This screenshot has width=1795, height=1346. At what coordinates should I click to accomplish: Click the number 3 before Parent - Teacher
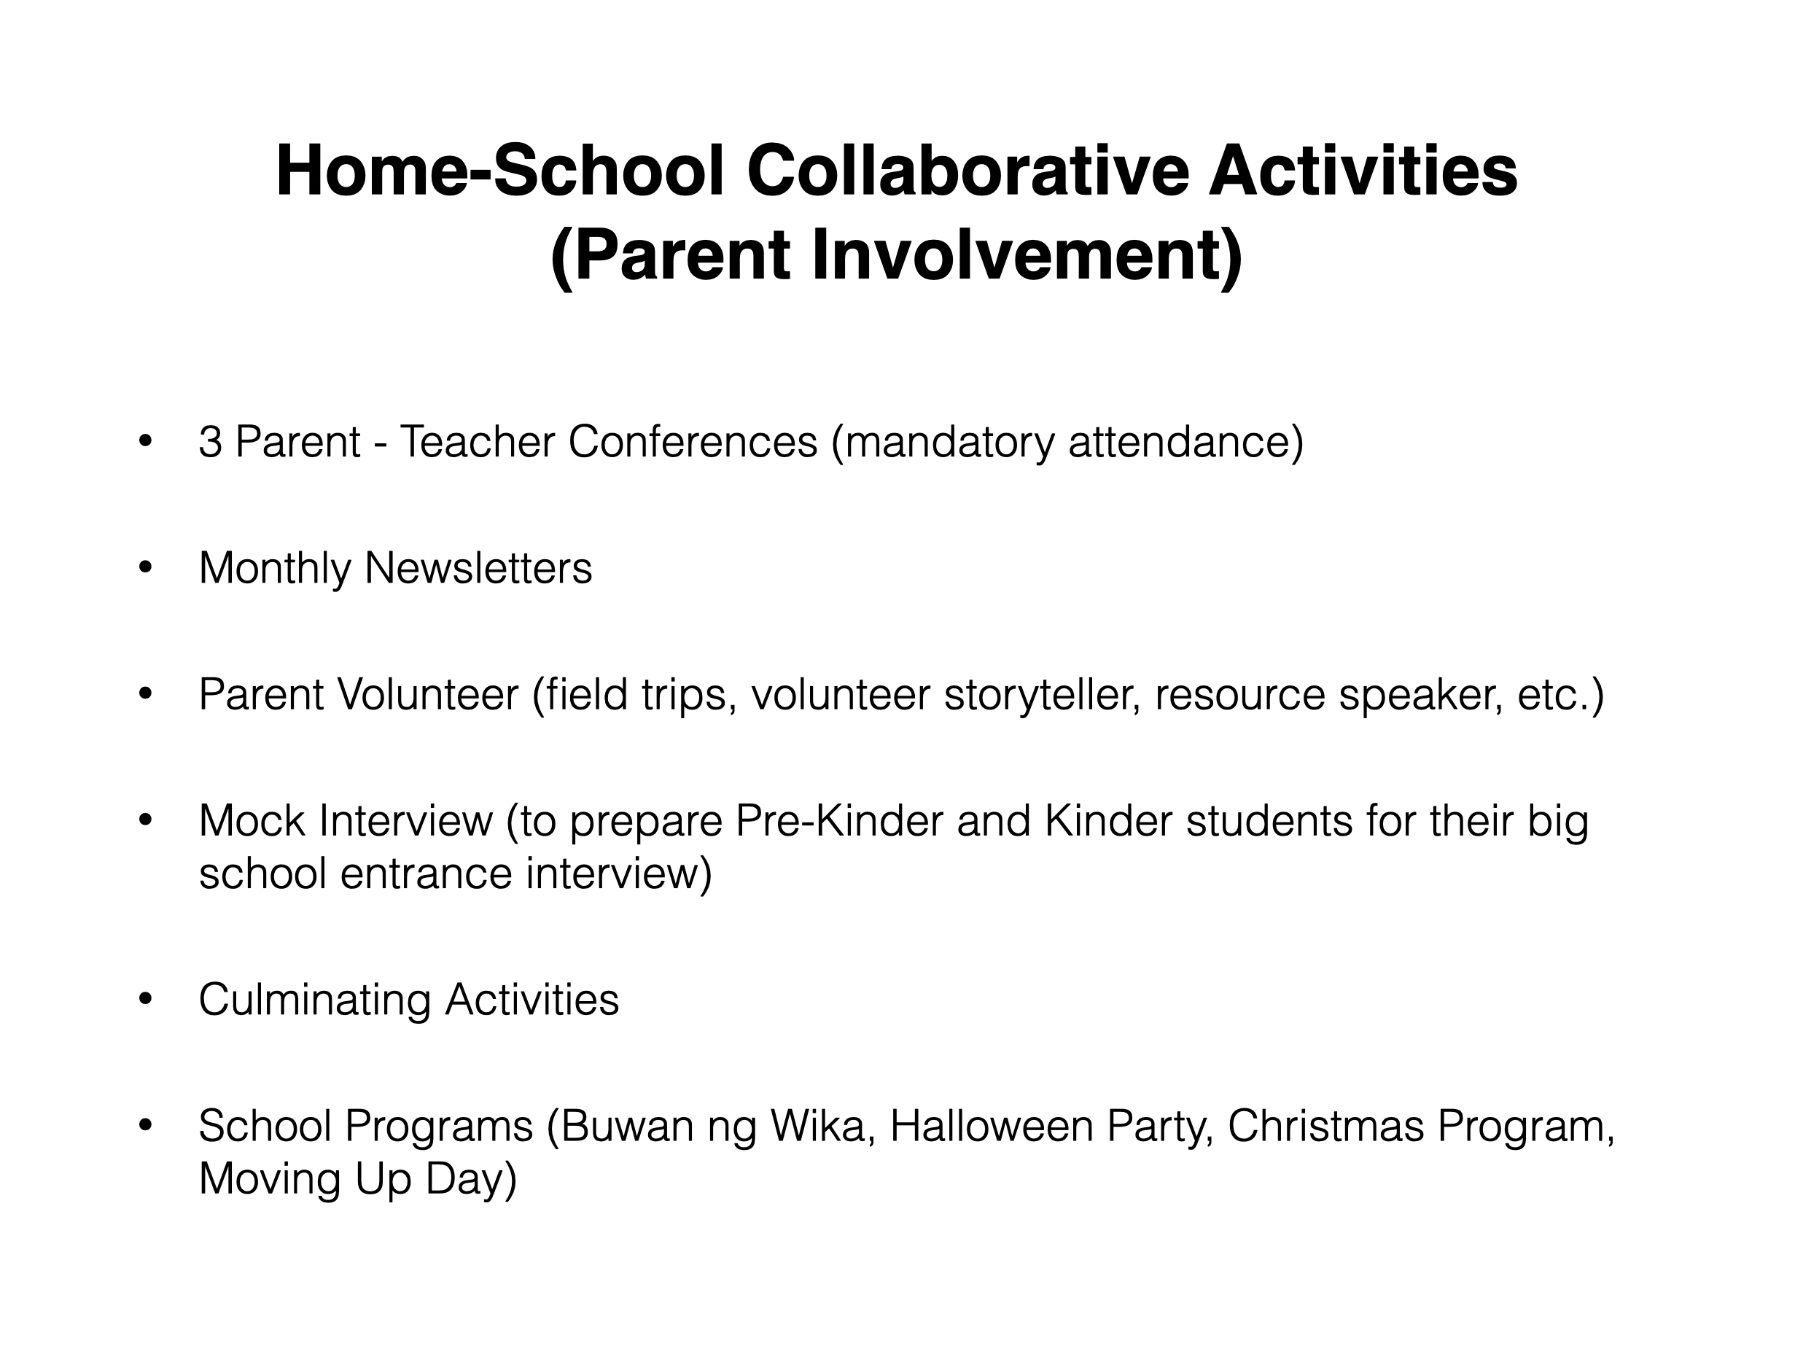[210, 443]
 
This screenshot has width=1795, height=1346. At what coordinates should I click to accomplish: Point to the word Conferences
[692, 443]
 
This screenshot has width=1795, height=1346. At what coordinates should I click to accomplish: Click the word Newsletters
[478, 568]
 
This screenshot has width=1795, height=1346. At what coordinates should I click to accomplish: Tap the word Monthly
[274, 568]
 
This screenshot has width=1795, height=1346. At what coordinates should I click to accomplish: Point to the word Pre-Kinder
[838, 821]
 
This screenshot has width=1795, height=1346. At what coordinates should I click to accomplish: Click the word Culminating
[314, 1000]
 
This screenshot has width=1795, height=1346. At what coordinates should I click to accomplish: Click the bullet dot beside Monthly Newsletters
[145, 567]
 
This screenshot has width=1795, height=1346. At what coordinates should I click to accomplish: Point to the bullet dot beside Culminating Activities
[145, 999]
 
